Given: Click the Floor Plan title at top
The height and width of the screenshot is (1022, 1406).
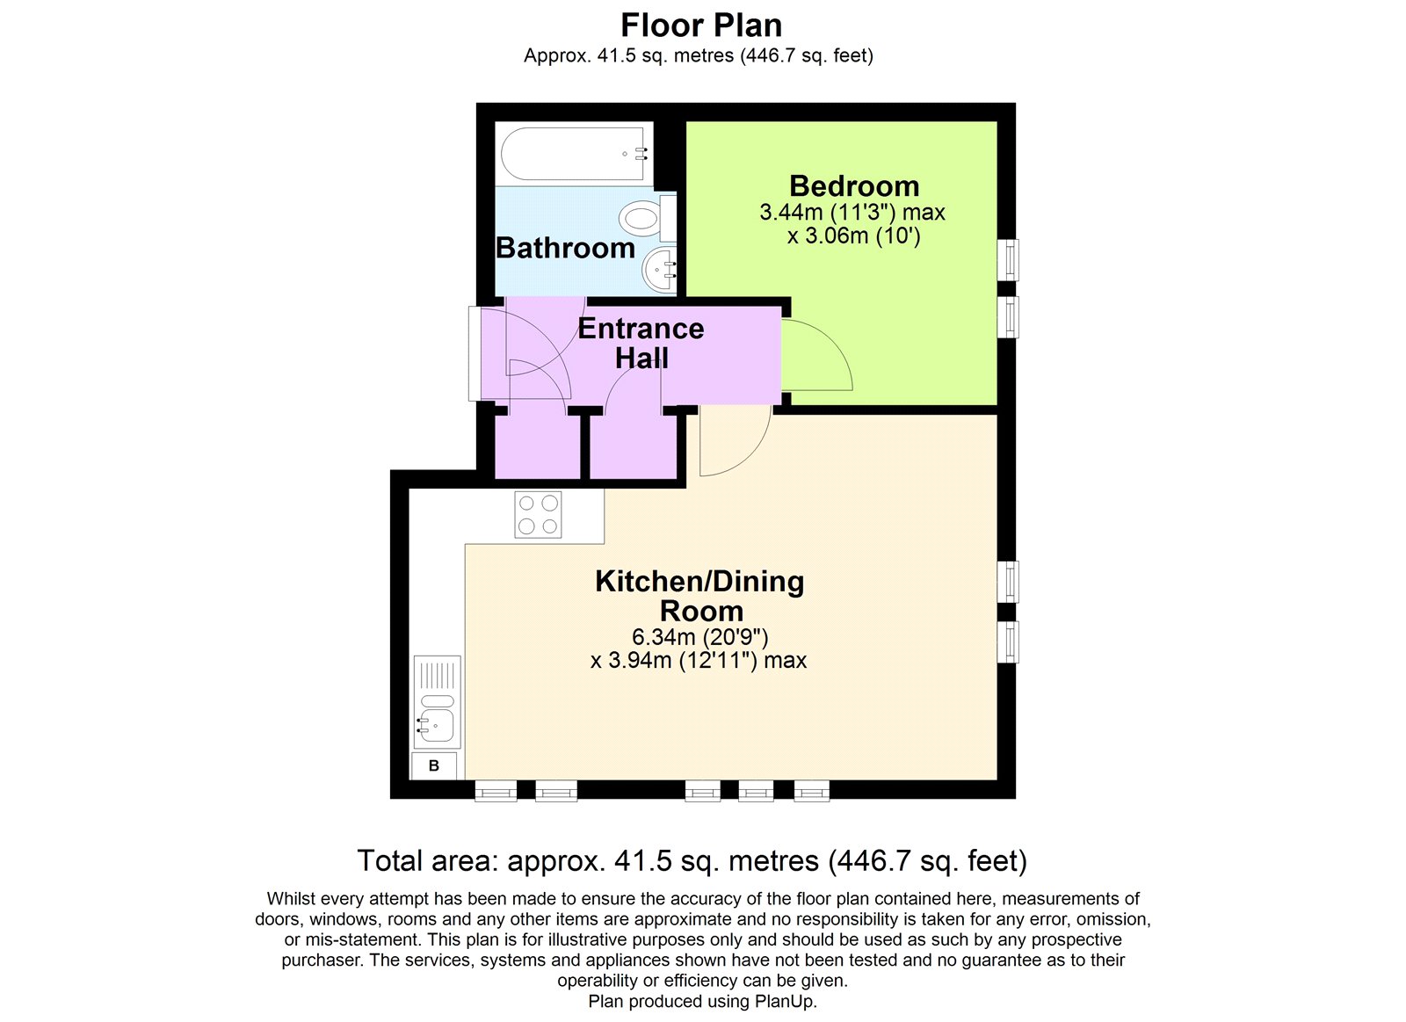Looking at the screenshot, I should pyautogui.click(x=700, y=25).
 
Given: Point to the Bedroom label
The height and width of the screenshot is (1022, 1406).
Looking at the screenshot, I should pyautogui.click(x=853, y=186).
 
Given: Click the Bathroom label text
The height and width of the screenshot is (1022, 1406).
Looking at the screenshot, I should pyautogui.click(x=565, y=248).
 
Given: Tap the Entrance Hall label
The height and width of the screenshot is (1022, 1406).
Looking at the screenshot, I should pyautogui.click(x=641, y=343).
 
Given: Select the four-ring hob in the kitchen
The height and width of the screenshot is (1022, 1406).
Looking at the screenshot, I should pyautogui.click(x=538, y=514).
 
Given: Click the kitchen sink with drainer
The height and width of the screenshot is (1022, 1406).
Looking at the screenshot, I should pyautogui.click(x=437, y=703).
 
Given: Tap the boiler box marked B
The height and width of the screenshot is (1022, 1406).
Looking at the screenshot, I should pyautogui.click(x=434, y=765).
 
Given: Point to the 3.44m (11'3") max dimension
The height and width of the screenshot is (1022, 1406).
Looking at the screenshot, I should pyautogui.click(x=852, y=213).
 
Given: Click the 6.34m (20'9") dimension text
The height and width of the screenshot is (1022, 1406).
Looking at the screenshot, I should pyautogui.click(x=699, y=637).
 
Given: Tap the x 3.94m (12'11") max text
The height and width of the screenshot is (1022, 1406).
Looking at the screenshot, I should pyautogui.click(x=698, y=661).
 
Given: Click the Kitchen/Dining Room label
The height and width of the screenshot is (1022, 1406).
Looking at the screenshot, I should pyautogui.click(x=699, y=596).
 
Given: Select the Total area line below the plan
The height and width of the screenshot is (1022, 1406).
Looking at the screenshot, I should pyautogui.click(x=692, y=860).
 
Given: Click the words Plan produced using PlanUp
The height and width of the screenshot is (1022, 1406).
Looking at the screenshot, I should pyautogui.click(x=702, y=1001).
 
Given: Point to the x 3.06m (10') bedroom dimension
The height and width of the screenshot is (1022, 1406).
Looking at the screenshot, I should pyautogui.click(x=852, y=236).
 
